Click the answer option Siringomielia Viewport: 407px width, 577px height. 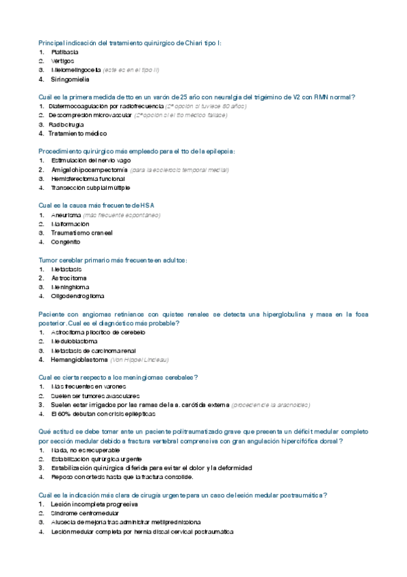pyautogui.click(x=70, y=79)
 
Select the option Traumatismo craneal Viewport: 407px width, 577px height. pyautogui.click(x=82, y=233)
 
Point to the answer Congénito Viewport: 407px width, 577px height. pyautogui.click(x=66, y=242)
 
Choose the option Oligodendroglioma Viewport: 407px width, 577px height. pyautogui.click(x=77, y=296)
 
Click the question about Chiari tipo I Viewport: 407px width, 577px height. pyautogui.click(x=129, y=43)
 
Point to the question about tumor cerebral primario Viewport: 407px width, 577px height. pyautogui.click(x=113, y=260)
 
